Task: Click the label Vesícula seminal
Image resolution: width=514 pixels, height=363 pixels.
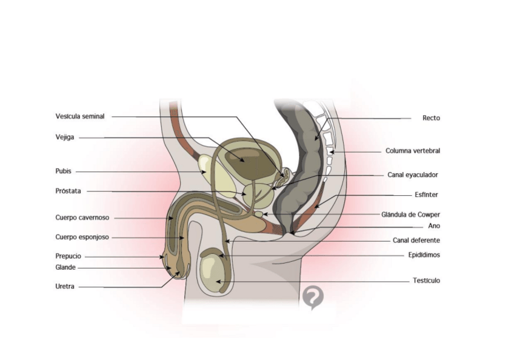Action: coord(80,116)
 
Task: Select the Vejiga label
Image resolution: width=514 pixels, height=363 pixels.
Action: coord(65,137)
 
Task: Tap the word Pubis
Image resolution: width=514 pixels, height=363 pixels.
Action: coord(64,171)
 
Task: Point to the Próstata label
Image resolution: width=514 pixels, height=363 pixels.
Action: coord(68,191)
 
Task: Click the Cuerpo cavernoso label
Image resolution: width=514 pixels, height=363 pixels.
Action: coord(82,218)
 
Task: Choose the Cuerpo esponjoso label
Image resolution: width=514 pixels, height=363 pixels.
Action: coord(82,237)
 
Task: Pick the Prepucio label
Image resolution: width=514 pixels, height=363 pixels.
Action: coord(68,256)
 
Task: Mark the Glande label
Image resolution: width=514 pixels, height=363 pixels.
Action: coord(65,267)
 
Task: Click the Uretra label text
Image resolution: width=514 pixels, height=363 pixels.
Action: coord(65,287)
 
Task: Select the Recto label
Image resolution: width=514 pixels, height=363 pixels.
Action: coord(431,118)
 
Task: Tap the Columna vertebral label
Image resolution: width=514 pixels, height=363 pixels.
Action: coord(413,151)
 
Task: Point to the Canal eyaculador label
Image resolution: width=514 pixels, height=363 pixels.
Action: coord(413,175)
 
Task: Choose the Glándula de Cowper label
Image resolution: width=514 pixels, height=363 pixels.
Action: coord(411,215)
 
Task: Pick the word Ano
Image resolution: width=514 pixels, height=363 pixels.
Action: coord(434,225)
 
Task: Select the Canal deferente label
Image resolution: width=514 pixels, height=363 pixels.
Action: coord(416,240)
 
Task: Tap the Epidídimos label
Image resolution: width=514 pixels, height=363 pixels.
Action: coord(424,255)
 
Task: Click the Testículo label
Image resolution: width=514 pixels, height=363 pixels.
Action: coord(426,281)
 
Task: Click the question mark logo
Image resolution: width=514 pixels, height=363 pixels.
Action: coord(313,296)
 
